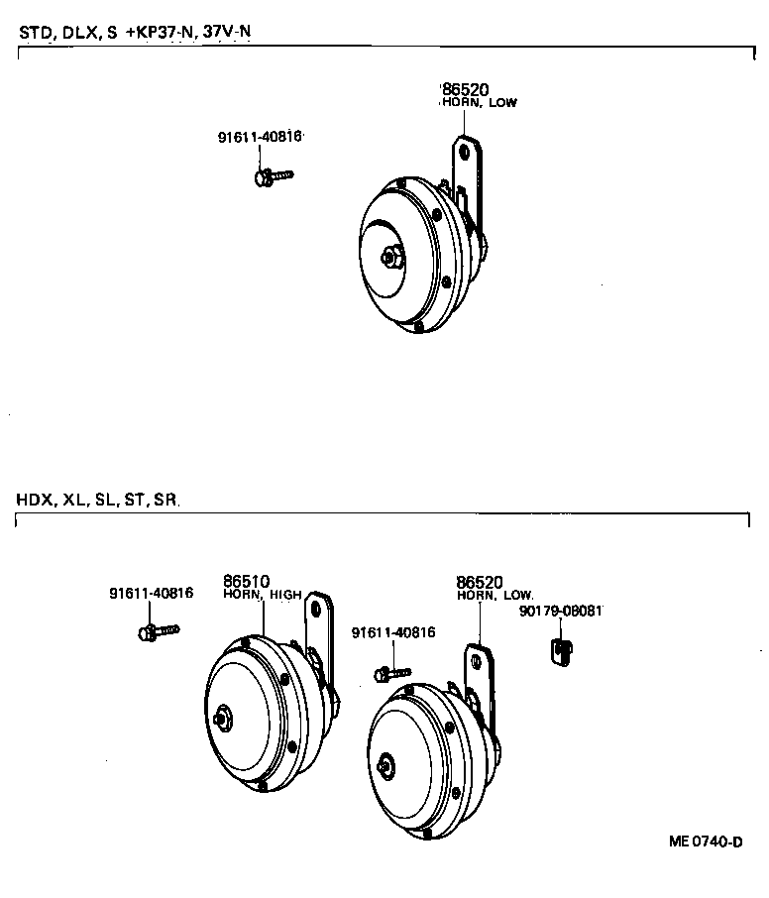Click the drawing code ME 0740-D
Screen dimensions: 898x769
(x=706, y=842)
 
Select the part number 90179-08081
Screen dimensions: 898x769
(x=560, y=612)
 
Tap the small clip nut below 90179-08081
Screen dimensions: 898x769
(x=560, y=650)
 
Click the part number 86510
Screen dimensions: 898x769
(x=247, y=581)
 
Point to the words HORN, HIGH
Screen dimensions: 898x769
(x=262, y=595)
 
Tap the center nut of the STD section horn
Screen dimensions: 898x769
(x=390, y=256)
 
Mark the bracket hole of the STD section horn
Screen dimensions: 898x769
(x=462, y=149)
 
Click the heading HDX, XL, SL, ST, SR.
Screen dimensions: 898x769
(x=97, y=500)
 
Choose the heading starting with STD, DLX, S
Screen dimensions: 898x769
(x=134, y=33)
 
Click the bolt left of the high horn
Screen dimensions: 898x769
(x=157, y=629)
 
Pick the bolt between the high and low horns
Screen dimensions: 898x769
(x=392, y=673)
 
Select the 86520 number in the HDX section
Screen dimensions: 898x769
(x=480, y=582)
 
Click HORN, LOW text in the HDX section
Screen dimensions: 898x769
(x=495, y=596)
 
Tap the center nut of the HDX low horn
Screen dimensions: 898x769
(x=387, y=764)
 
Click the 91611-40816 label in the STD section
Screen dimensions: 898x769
(x=260, y=138)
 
